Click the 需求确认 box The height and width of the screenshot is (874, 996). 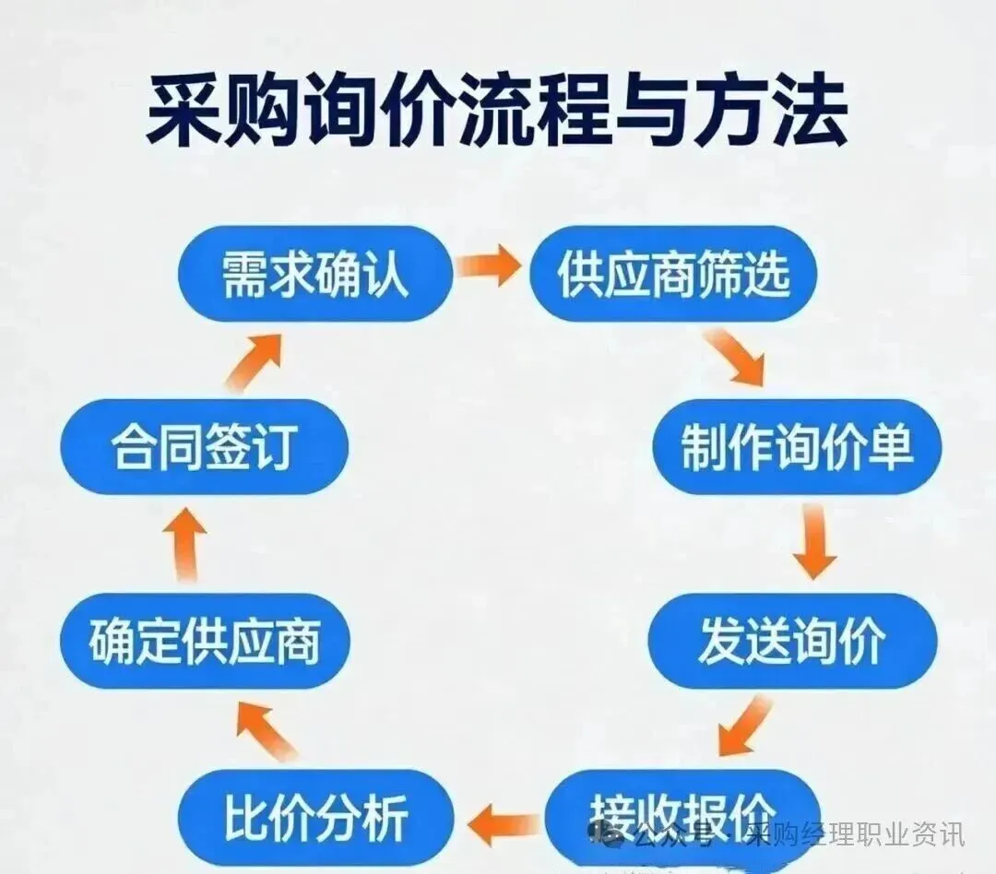pos(314,274)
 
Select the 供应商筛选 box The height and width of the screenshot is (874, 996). pos(673,274)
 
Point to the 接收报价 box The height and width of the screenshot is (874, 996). pos(682,811)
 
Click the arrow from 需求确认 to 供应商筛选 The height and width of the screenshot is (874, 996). pos(490,267)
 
